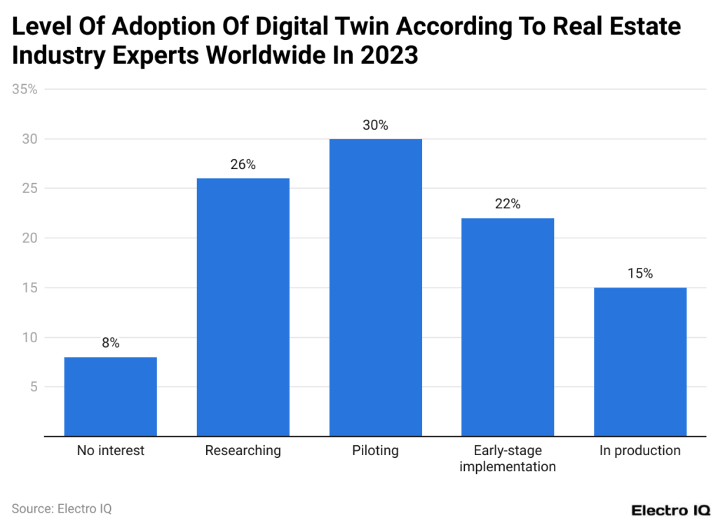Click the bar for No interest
[x=110, y=396]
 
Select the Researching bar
[x=243, y=307]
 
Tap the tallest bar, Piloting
[x=375, y=287]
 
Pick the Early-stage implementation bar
[x=508, y=327]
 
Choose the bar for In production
[x=639, y=362]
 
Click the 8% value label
[x=110, y=343]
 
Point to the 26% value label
[x=243, y=165]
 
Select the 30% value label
[x=375, y=126]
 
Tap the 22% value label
[x=508, y=204]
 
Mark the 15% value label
[x=639, y=273]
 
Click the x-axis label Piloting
[x=375, y=451]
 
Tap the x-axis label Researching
[x=243, y=451]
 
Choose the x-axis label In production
[x=639, y=451]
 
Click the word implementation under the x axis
[x=508, y=466]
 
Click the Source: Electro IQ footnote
[x=62, y=508]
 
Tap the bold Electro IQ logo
[x=668, y=510]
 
